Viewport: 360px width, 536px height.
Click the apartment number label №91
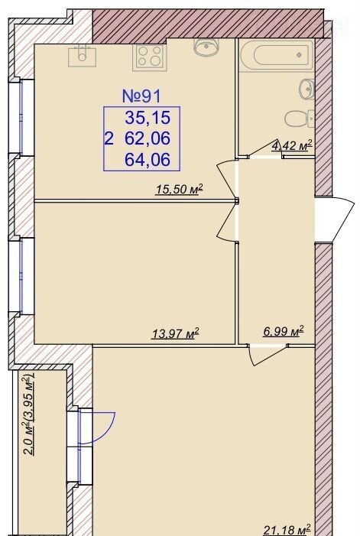141,96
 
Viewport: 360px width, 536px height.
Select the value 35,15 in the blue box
148,118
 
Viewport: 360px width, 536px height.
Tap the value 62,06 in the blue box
148,138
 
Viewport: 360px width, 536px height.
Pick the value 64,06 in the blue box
148,159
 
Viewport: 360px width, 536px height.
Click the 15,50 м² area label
180,189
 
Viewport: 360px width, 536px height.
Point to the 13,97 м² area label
175,333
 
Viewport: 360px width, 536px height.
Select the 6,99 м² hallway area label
283,331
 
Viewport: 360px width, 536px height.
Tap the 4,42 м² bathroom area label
293,145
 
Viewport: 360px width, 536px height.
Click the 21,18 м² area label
287,530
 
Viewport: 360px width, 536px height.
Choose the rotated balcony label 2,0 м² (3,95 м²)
30,415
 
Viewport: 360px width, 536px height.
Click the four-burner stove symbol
150,56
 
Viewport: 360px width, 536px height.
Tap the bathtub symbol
276,55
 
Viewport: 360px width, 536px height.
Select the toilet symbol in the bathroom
299,119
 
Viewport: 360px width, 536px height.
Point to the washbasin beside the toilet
306,89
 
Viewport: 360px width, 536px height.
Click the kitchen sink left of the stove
82,56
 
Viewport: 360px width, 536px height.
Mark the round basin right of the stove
206,47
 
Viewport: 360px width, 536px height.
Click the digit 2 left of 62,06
109,139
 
